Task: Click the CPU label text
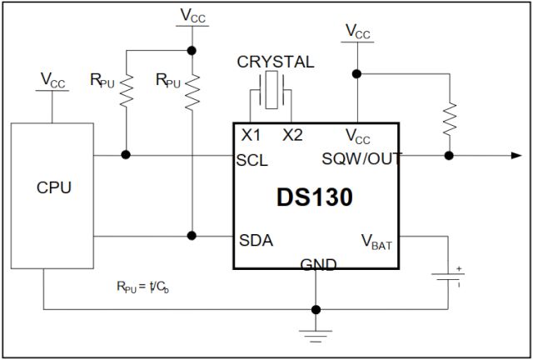pyautogui.click(x=54, y=187)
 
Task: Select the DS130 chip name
pyautogui.click(x=315, y=197)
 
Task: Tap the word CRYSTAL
pyautogui.click(x=276, y=62)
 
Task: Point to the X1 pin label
pyautogui.click(x=251, y=136)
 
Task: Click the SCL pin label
pyautogui.click(x=253, y=161)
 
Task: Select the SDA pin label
pyautogui.click(x=256, y=241)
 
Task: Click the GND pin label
pyautogui.click(x=317, y=265)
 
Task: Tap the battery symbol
pyautogui.click(x=450, y=276)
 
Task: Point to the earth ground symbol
pyautogui.click(x=316, y=335)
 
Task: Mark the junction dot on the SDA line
pyautogui.click(x=192, y=236)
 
